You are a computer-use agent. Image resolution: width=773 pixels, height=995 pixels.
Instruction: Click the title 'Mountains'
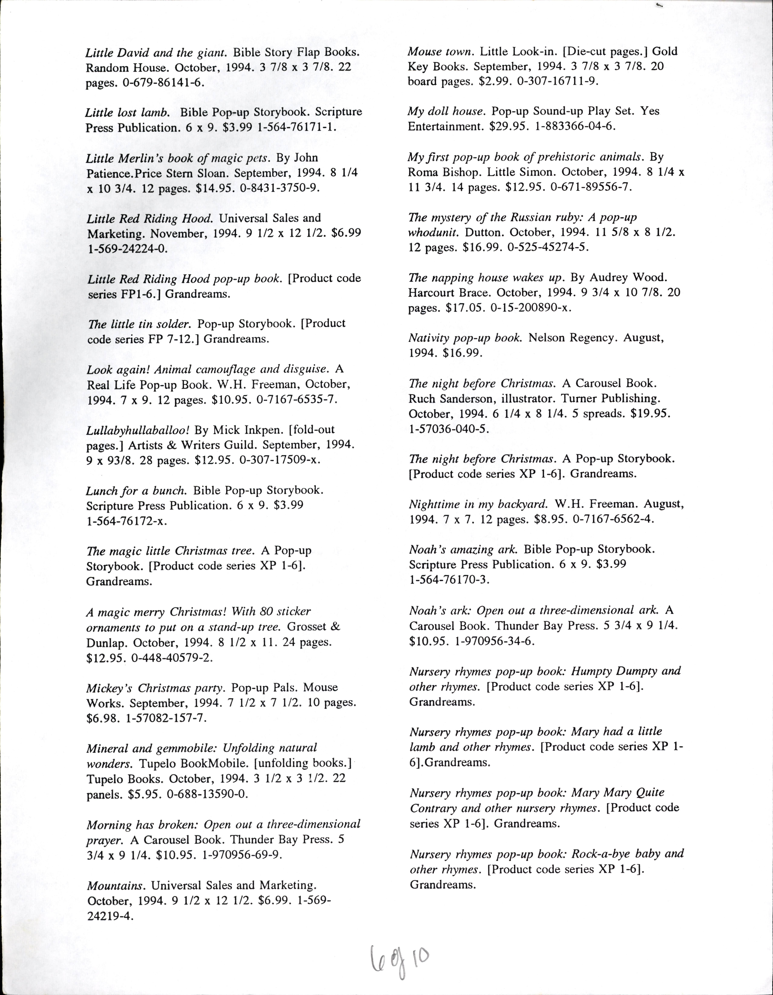point(116,886)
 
